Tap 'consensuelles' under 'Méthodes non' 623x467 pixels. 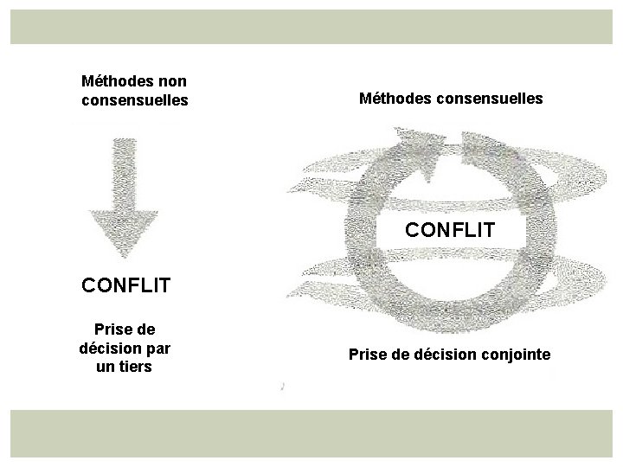[134, 100]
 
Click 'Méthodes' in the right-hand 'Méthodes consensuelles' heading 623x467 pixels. [396, 99]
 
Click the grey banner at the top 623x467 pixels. [311, 26]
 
